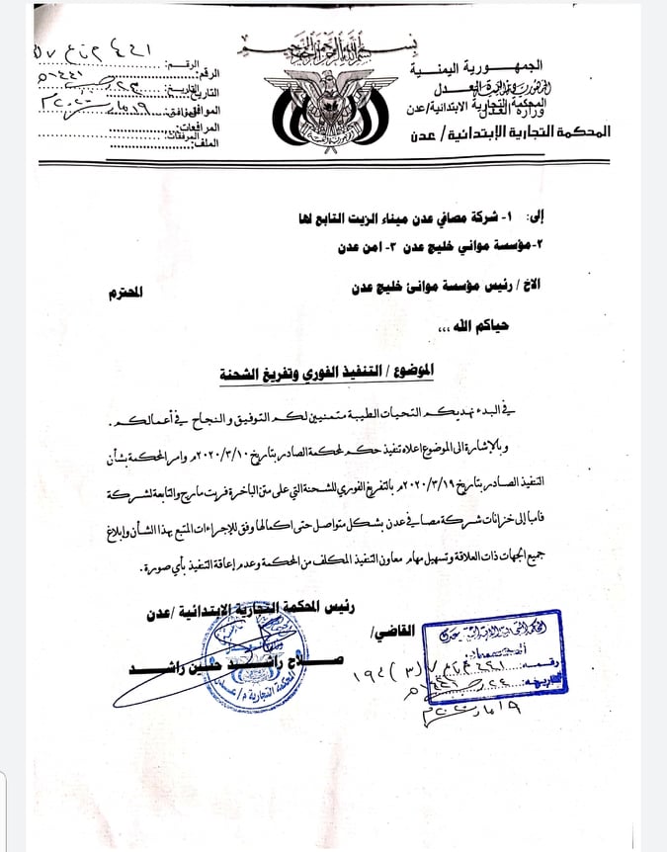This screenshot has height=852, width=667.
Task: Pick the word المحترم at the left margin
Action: (x=127, y=294)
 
